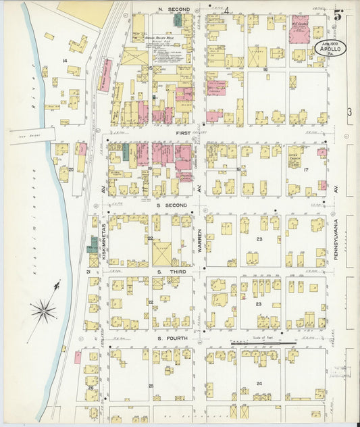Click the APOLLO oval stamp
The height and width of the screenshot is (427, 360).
coord(330,49)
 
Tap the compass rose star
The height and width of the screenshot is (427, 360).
coord(44,311)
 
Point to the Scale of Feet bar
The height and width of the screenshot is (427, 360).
coord(263,343)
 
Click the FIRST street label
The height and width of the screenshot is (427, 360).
coord(183,133)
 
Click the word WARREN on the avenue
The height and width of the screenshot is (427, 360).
coord(200,240)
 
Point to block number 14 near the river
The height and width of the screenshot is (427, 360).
coord(65,61)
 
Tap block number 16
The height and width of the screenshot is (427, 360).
coord(265,69)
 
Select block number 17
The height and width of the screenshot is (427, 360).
coord(305,169)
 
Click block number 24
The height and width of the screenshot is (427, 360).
coord(259,383)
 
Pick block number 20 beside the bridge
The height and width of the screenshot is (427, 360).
coord(70,169)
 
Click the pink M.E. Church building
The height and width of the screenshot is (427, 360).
coord(299,30)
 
